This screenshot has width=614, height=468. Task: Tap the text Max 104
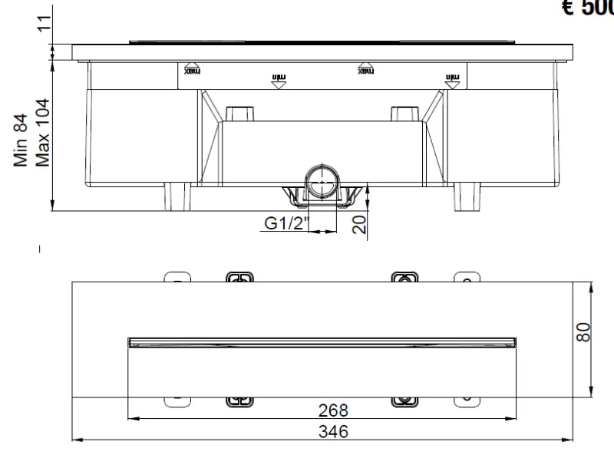[43, 132]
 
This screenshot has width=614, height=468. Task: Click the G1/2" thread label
[286, 223]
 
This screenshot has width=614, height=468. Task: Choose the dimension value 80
[585, 331]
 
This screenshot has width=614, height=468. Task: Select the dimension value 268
[332, 410]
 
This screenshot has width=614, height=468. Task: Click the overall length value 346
[332, 432]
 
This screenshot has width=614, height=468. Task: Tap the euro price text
[587, 8]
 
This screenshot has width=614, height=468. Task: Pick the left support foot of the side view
[177, 196]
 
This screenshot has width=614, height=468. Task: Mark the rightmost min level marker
[453, 78]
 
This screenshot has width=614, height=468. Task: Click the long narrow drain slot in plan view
[322, 342]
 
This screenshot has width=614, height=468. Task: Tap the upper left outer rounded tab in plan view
[177, 277]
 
